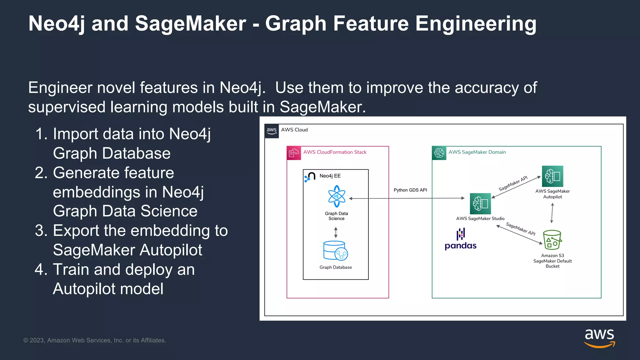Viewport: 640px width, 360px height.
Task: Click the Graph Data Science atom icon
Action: click(x=337, y=196)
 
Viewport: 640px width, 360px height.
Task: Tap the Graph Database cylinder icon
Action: click(x=335, y=251)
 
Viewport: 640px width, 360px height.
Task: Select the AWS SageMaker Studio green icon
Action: click(x=480, y=204)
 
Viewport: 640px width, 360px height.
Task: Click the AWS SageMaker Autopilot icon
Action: click(x=552, y=176)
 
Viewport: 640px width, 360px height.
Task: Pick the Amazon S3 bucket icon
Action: click(x=552, y=240)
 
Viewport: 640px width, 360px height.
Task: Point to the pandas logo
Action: click(x=461, y=239)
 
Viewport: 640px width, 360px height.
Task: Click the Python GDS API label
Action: click(x=410, y=190)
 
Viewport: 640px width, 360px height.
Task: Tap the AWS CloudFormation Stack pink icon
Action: click(x=294, y=153)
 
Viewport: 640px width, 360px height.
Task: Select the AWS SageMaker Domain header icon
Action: click(x=439, y=153)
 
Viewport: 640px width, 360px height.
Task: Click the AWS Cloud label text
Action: click(x=294, y=130)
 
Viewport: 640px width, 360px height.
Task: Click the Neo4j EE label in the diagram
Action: click(x=330, y=176)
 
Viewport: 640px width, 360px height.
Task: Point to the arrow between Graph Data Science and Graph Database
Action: click(x=336, y=232)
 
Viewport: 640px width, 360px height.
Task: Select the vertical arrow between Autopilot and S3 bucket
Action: click(x=552, y=213)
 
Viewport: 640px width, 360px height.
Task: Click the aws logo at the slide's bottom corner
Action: click(x=599, y=338)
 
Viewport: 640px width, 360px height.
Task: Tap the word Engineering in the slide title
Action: click(x=476, y=24)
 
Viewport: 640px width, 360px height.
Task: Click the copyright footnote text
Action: click(x=95, y=340)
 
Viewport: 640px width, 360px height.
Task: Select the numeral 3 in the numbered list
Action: click(x=41, y=231)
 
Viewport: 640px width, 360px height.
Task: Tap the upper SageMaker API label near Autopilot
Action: click(x=513, y=183)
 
